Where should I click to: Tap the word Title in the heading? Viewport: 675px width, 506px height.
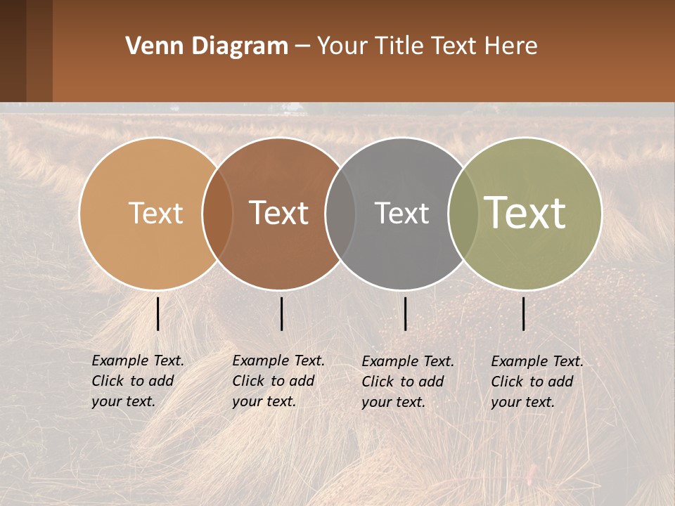point(399,46)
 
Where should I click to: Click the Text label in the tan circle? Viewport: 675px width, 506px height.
point(155,213)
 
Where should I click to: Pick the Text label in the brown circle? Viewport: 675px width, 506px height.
point(278,213)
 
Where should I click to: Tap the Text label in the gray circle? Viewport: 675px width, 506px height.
point(401,213)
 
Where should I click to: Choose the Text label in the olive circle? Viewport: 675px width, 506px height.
point(525,212)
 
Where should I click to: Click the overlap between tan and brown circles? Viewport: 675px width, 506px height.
point(217,214)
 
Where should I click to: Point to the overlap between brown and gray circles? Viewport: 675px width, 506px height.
point(340,214)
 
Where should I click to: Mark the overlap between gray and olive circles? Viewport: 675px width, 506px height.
point(463,214)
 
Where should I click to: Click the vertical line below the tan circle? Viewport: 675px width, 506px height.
point(157,313)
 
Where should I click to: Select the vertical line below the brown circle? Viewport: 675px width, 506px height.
point(281,313)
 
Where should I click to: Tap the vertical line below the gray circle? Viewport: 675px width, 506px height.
point(405,313)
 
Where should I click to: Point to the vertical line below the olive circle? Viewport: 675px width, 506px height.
point(523,313)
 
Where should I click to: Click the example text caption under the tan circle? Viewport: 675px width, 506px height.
point(137,381)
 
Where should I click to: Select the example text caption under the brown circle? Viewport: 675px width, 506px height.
point(278,381)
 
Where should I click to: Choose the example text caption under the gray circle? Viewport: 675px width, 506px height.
point(407,382)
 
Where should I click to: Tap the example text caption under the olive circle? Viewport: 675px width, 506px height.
point(536,382)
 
